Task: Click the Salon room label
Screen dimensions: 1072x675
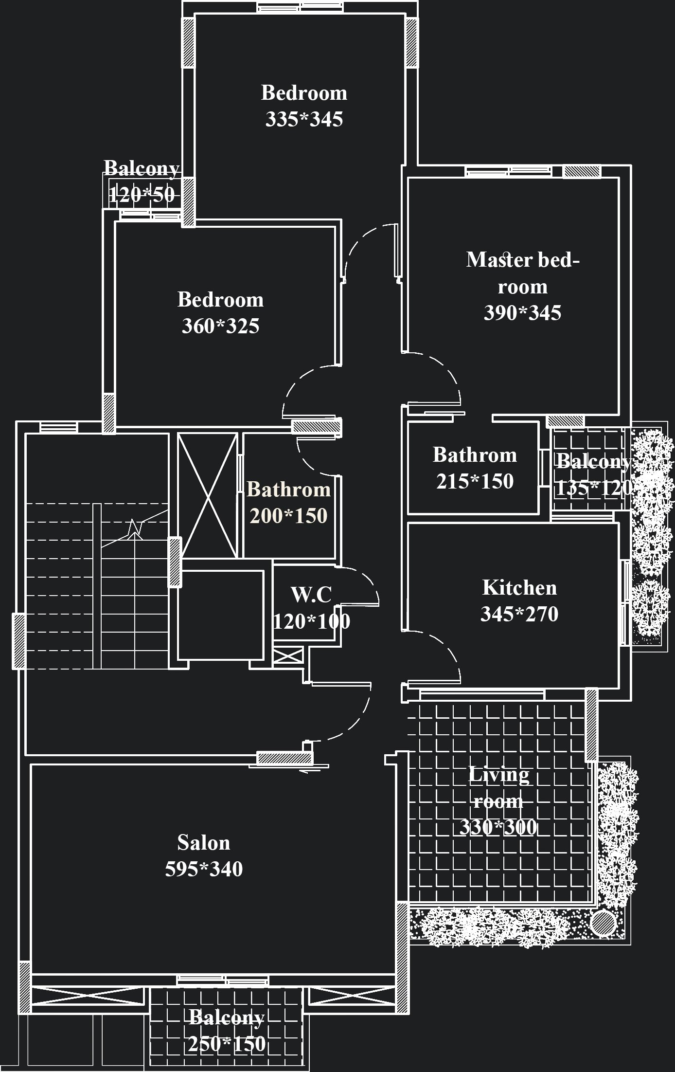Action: [x=203, y=843]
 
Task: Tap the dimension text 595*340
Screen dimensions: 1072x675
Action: [x=203, y=869]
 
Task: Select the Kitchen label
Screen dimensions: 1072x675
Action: [x=519, y=588]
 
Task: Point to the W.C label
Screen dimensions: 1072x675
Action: [x=311, y=595]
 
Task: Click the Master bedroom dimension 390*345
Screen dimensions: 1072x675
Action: [x=522, y=313]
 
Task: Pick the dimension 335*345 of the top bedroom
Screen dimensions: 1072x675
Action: [x=304, y=119]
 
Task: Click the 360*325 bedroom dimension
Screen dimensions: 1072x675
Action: [x=220, y=326]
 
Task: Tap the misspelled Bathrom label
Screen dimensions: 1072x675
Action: [x=288, y=490]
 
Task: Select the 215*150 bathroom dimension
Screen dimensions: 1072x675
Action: [x=475, y=481]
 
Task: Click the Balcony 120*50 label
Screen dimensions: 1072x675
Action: [x=141, y=169]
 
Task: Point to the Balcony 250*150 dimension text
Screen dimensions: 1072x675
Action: [x=227, y=1044]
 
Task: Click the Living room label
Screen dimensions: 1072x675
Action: [x=498, y=787]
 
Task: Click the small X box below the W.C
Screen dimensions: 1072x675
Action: [x=287, y=655]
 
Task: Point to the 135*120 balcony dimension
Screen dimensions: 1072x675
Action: [x=593, y=488]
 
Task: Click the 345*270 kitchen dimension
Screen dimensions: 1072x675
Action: [x=519, y=614]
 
